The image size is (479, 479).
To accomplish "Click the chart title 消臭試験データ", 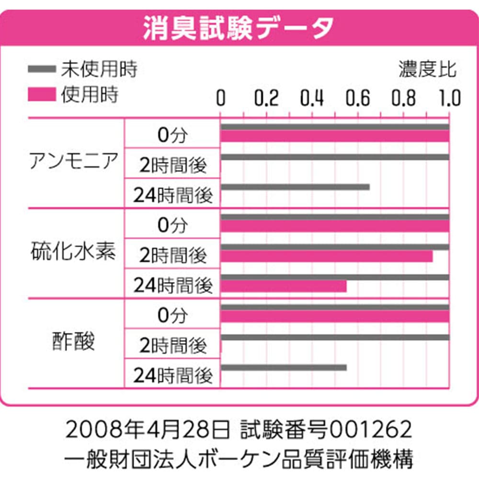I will (x=238, y=28).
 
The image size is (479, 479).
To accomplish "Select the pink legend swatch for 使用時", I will (x=42, y=95).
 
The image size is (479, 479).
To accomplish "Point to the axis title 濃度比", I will (x=428, y=69).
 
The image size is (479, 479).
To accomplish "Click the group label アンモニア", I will (x=73, y=161).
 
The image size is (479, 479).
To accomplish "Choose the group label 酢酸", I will (x=73, y=342).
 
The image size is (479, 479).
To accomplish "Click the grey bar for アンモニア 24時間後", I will (x=295, y=187).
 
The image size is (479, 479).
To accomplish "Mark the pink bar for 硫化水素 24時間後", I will (x=283, y=286).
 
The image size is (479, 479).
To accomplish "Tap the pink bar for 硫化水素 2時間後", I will (x=326, y=256).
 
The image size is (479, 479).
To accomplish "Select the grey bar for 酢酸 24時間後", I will (x=283, y=367).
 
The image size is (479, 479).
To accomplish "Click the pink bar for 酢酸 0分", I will (x=334, y=317).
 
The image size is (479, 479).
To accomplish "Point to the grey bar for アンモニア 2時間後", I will (x=334, y=157).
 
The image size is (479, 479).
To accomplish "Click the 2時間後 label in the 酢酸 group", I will (x=173, y=345).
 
